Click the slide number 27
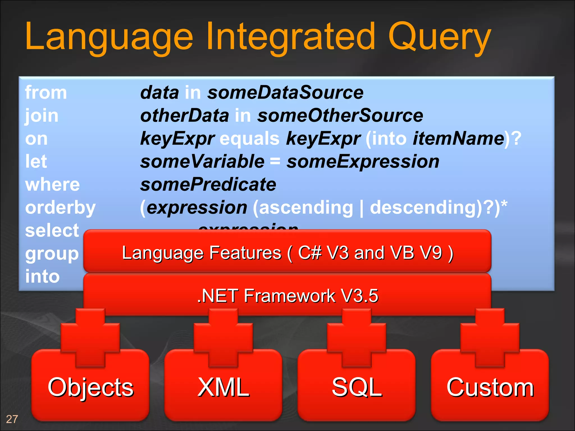[12, 419]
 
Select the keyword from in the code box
[46, 93]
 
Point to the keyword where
[53, 185]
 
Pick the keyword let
[36, 162]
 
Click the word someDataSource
[285, 93]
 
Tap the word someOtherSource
[340, 116]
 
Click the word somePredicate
[208, 185]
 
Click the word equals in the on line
[249, 139]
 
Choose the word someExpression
[363, 162]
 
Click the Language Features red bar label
[287, 253]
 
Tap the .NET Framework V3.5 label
[287, 296]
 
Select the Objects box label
[90, 387]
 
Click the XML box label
[223, 387]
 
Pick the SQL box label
[357, 387]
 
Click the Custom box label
[490, 387]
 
